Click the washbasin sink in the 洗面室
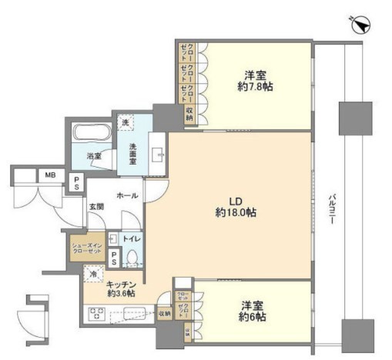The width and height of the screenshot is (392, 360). tap(160, 154)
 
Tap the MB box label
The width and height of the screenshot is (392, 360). tap(49, 175)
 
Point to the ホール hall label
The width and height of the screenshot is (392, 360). tap(127, 195)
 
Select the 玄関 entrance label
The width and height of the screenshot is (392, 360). tap(96, 207)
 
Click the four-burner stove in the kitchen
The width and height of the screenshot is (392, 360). tap(99, 315)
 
